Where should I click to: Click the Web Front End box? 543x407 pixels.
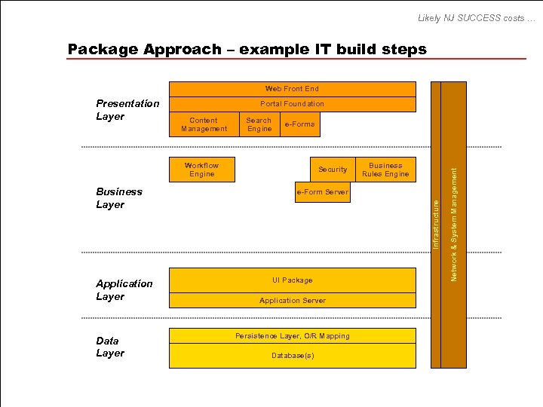292,89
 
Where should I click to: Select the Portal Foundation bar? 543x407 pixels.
292,104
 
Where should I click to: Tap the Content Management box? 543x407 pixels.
204,125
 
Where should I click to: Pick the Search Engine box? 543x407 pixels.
259,125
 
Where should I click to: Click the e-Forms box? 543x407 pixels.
299,124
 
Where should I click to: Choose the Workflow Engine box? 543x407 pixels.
201,170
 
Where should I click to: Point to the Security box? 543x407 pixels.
333,170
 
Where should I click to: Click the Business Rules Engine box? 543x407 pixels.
385,170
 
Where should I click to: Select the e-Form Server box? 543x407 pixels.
322,192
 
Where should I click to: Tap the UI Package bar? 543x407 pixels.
292,280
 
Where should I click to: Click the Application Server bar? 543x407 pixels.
292,301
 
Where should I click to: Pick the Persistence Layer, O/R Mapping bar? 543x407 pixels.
292,336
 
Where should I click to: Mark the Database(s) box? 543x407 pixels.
292,356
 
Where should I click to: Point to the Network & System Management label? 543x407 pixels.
454,225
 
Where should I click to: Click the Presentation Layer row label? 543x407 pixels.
127,110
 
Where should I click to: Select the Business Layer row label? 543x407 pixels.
119,198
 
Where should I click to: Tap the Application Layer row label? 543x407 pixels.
124,290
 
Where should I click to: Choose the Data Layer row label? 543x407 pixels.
110,347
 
